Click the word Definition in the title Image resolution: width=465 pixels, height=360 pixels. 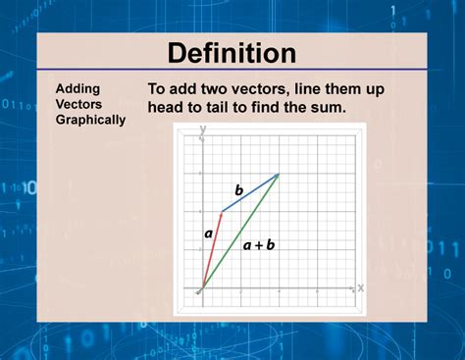click(x=232, y=53)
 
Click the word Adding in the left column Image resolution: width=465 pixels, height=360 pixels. click(x=77, y=88)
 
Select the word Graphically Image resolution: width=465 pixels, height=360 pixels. click(x=90, y=120)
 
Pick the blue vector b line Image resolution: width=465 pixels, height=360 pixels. click(x=249, y=193)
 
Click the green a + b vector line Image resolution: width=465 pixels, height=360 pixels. click(x=239, y=232)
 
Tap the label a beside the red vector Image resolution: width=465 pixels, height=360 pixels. click(x=208, y=233)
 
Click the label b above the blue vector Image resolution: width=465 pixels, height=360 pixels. click(x=237, y=188)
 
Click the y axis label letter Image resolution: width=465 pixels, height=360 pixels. click(x=202, y=129)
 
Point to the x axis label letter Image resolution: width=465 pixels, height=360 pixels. click(x=360, y=287)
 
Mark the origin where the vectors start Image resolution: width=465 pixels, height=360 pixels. click(x=200, y=290)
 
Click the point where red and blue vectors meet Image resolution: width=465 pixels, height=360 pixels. click(x=220, y=212)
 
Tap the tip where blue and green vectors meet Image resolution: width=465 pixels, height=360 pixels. click(x=279, y=175)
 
